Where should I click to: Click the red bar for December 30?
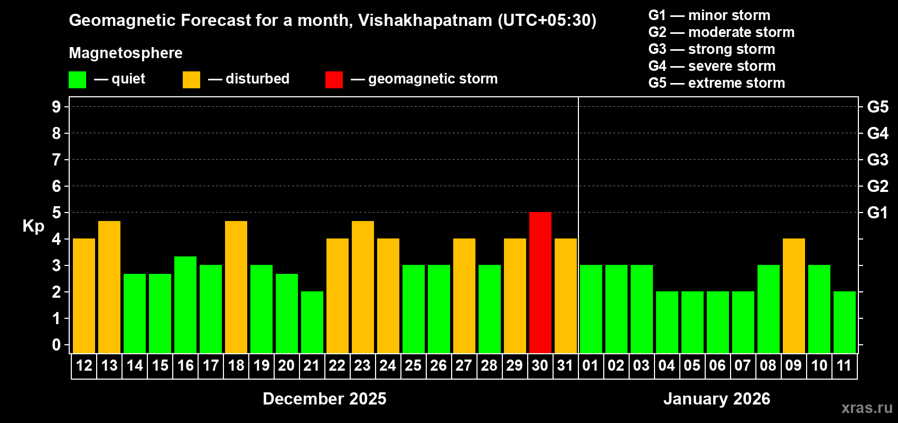pos(540,282)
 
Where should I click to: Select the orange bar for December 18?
pos(236,287)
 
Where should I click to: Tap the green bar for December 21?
pos(312,322)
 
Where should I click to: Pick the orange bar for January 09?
pos(793,296)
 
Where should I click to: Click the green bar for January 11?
pos(844,322)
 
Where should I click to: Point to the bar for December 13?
pos(109,287)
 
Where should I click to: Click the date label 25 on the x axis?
pos(413,365)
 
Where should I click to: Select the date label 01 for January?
pos(591,365)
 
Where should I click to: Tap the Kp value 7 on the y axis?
pos(57,160)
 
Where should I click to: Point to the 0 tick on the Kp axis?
pos(57,345)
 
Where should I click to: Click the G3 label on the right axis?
pos(877,160)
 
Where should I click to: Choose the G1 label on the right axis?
pos(877,213)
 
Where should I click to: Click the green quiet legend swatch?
pos(77,80)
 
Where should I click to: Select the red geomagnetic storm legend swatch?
pos(334,80)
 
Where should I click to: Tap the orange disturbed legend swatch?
pos(191,80)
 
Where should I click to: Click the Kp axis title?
pos(33,226)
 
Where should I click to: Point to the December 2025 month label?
pos(324,399)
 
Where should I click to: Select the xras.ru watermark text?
pos(867,408)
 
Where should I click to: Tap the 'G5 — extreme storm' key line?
pos(716,83)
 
